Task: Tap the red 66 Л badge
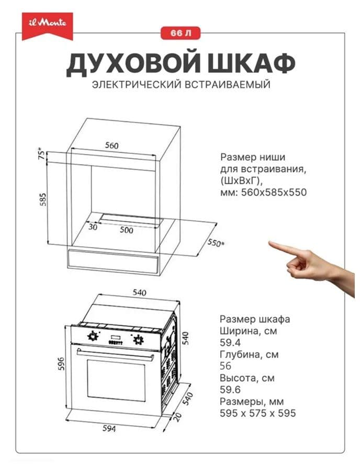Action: [181, 33]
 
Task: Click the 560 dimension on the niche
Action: [111, 146]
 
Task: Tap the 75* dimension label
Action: [40, 157]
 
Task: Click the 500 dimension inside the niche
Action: [126, 230]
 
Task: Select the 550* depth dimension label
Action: [214, 243]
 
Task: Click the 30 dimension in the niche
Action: [93, 227]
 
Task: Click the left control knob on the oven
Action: [93, 336]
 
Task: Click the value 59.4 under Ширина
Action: [229, 342]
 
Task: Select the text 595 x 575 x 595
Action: [257, 413]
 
